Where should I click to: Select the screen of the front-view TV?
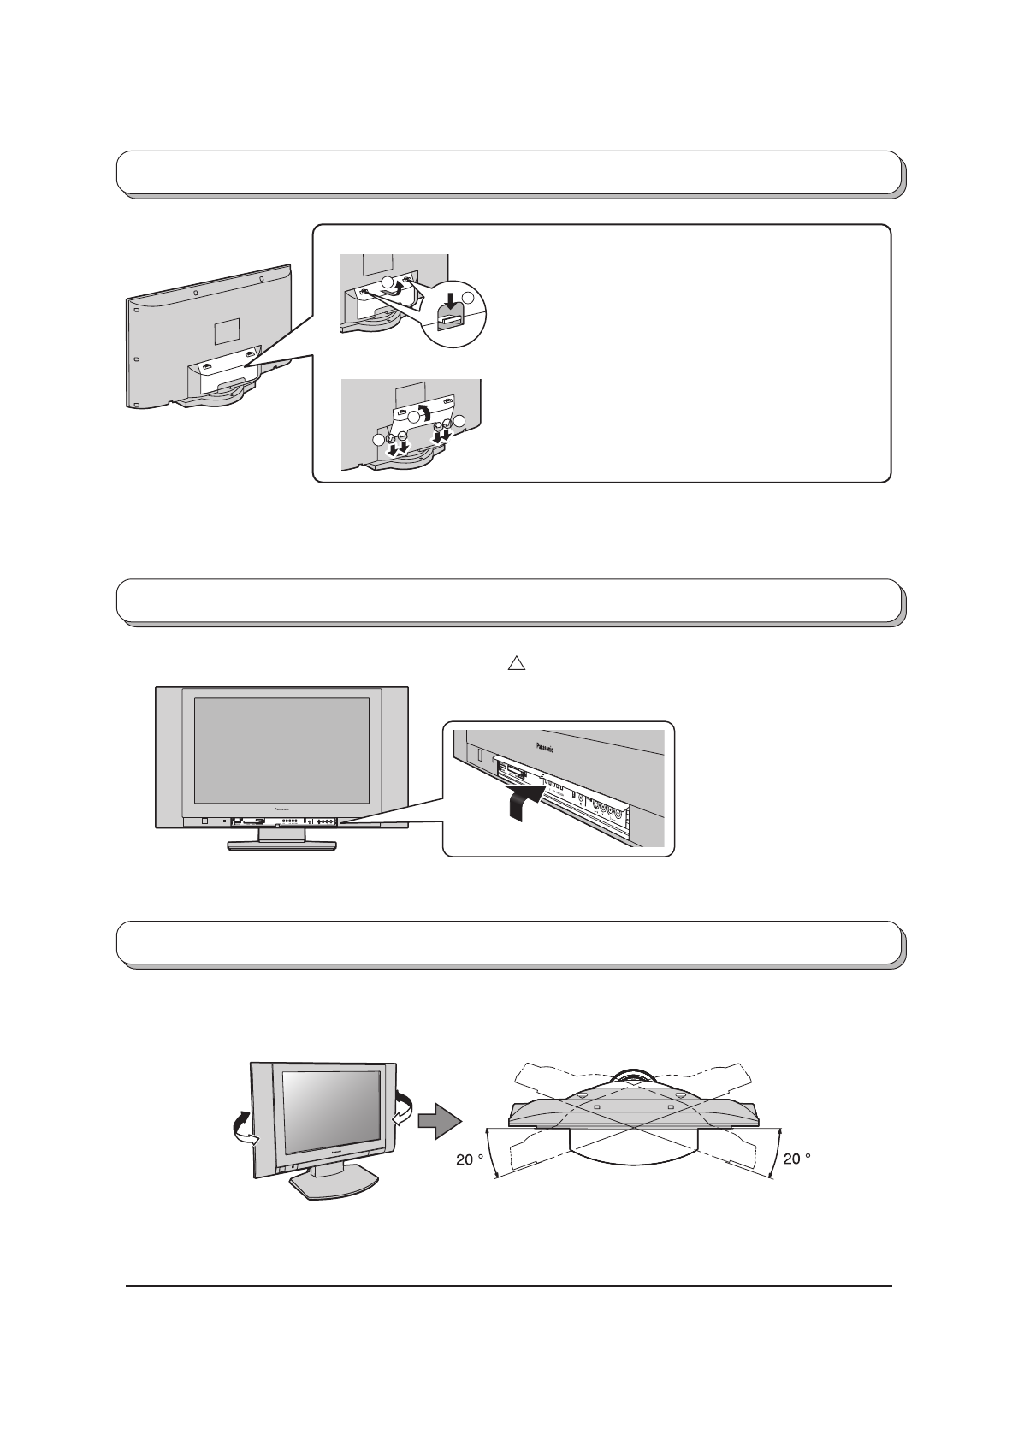[281, 749]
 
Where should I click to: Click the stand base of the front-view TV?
[281, 845]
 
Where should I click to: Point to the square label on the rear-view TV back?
[225, 329]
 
